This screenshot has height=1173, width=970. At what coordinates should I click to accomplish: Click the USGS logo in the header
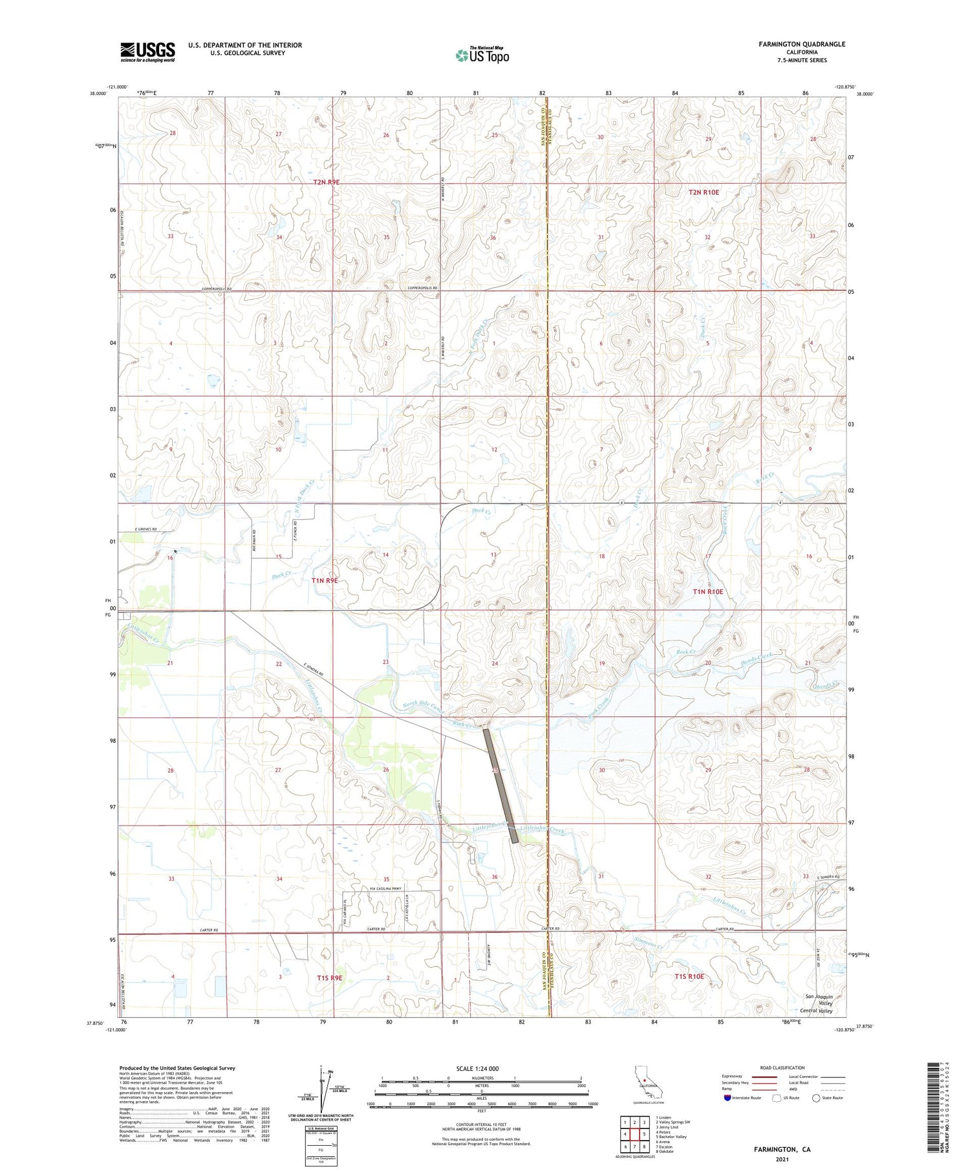(x=147, y=52)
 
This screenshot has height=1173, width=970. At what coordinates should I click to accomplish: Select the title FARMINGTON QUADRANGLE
(x=802, y=44)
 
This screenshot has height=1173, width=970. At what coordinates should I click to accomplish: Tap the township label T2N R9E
(x=327, y=182)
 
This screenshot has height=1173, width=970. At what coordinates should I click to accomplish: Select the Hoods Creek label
(x=757, y=658)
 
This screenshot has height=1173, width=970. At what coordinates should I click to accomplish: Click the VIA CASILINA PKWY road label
(x=385, y=888)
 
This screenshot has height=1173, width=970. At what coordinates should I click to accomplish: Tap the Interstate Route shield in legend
(x=727, y=1098)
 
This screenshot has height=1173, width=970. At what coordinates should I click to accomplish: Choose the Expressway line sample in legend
(x=762, y=1077)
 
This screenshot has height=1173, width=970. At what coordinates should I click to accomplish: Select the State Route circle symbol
(x=816, y=1098)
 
